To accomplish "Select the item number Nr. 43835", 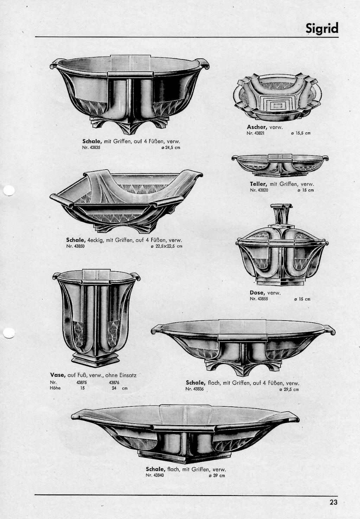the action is (91, 147).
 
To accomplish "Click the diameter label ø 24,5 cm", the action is (171, 147).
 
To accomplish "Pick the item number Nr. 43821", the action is (255, 133).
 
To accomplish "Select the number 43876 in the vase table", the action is (114, 382).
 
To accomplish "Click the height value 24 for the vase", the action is (114, 388).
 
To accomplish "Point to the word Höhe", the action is (55, 388).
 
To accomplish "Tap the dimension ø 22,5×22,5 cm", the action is (166, 246).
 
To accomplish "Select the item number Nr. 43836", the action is (194, 389).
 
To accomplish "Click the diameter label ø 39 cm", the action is (216, 476).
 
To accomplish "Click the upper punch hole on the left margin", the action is (9, 191).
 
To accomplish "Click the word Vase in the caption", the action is (58, 375).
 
